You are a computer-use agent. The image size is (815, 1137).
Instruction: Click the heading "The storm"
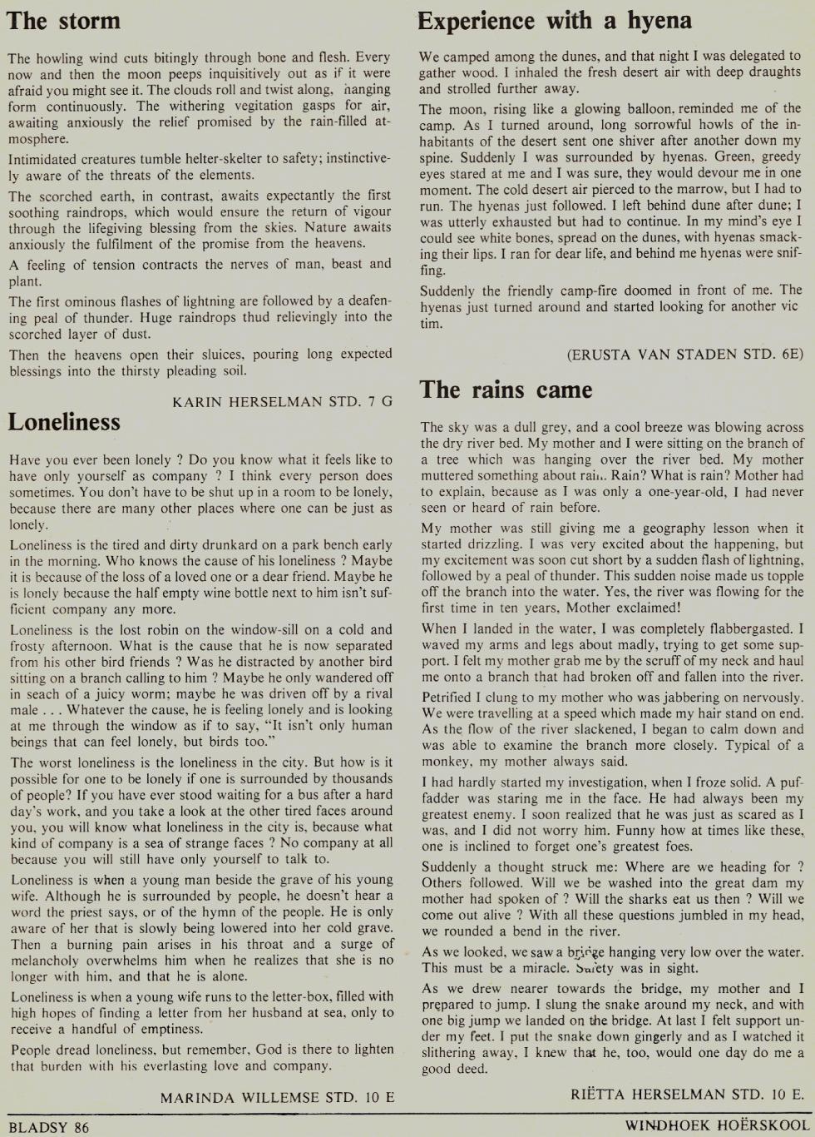pos(63,20)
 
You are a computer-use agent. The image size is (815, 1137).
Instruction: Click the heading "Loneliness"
pos(64,421)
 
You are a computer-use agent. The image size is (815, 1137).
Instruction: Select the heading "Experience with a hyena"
pos(555,20)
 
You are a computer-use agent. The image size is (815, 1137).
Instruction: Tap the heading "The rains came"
pos(506,389)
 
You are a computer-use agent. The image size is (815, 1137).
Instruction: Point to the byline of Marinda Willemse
pos(277,1097)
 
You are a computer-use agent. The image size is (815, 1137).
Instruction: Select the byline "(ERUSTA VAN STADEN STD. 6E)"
pos(685,354)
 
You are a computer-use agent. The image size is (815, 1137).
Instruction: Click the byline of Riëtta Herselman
pos(687,1093)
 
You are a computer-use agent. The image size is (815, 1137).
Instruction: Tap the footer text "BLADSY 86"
pos(47,1128)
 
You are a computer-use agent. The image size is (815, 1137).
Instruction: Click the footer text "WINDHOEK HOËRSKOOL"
pos(717,1126)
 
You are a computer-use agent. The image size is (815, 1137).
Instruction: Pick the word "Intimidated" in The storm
pos(44,158)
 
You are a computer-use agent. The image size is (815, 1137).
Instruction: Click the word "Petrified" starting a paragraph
pos(447,697)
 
